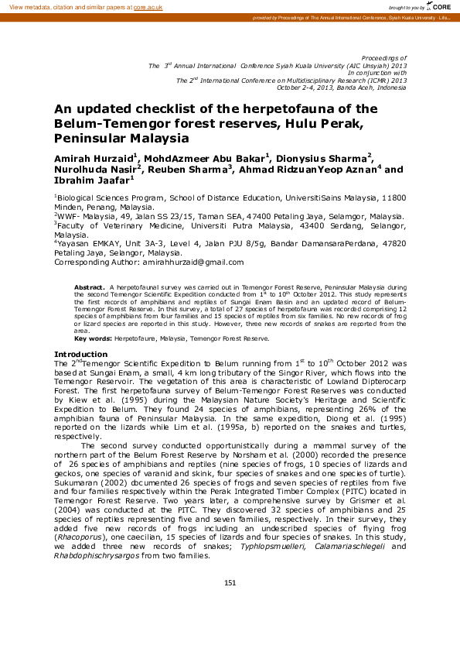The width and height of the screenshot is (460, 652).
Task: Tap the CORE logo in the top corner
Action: point(440,6)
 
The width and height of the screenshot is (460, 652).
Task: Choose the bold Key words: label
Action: point(94,338)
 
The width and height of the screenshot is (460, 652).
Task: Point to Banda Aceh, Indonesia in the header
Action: point(377,86)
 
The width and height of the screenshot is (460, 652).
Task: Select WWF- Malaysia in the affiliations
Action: point(80,217)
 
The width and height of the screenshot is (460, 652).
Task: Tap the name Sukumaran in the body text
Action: point(80,482)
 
